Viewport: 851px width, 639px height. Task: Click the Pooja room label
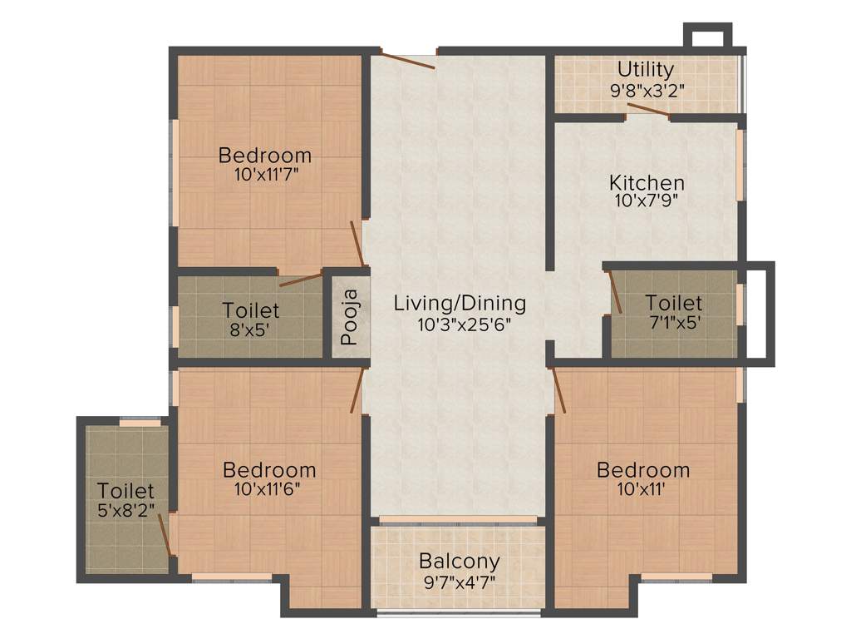coord(350,316)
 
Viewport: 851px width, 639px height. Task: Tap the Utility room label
coord(645,69)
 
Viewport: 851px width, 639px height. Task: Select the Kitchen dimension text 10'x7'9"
coord(647,200)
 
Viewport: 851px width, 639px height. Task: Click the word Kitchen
coord(647,182)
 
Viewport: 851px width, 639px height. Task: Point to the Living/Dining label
coord(460,302)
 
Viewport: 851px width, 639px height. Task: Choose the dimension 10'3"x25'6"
coord(460,322)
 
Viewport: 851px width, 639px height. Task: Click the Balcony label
coord(459,561)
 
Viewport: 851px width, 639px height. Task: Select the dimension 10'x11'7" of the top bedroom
coord(265,174)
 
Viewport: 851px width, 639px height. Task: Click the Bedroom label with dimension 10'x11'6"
coord(269,470)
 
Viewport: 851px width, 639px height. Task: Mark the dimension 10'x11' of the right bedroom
coord(643,489)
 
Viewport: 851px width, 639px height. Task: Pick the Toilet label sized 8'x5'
coord(251,310)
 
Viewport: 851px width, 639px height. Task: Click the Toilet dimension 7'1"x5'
coord(673,322)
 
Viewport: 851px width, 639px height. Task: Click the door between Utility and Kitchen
coord(647,111)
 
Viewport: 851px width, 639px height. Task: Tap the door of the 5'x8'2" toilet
coord(169,536)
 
